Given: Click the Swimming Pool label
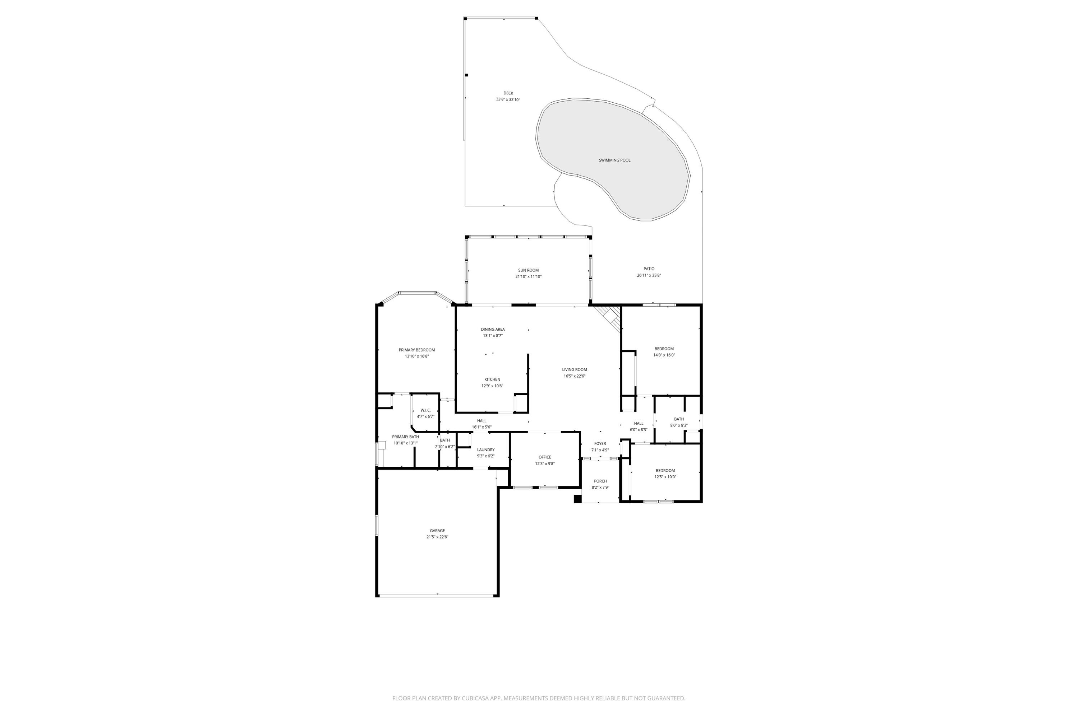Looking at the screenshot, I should pos(614,160).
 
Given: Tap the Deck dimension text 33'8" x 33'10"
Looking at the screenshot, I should pos(508,99).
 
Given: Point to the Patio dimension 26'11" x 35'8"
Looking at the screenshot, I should pos(649,275).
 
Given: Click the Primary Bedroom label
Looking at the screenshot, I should pos(416,350).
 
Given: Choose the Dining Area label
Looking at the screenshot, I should pos(493,329).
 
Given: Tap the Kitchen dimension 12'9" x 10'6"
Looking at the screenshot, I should pos(492,386).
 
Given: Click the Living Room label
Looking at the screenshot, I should pos(574,369).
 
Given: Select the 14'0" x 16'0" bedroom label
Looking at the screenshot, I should pos(664,349).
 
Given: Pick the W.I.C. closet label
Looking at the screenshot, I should pos(425,410).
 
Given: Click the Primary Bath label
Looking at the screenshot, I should pos(405,437).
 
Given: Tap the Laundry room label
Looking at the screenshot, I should pos(485,450).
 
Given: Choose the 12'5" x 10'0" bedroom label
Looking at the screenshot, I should pos(665,470).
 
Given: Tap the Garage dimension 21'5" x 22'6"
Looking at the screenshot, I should pos(437,537).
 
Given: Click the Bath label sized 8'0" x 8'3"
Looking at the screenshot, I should pos(679,419).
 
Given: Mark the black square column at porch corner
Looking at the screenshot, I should pos(577,499).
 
